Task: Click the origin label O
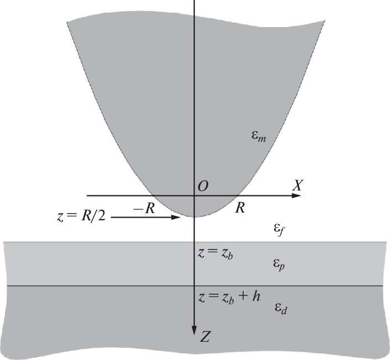coord(203,186)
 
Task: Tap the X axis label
coord(298,185)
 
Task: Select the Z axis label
coord(204,337)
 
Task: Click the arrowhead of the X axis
coord(296,195)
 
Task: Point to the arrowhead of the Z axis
coord(194,331)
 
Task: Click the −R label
coord(144,208)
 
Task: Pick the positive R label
coord(240,208)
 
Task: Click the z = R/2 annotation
coord(81,216)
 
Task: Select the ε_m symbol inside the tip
coord(259,136)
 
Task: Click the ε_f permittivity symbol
coord(279,229)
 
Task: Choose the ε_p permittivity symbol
coord(278,264)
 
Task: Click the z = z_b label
coord(215,253)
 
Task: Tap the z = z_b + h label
coord(229,297)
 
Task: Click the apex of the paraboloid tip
coord(194,217)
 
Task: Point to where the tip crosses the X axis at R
coord(239,195)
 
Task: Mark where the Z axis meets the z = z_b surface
coord(194,242)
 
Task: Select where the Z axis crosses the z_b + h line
coord(194,286)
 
